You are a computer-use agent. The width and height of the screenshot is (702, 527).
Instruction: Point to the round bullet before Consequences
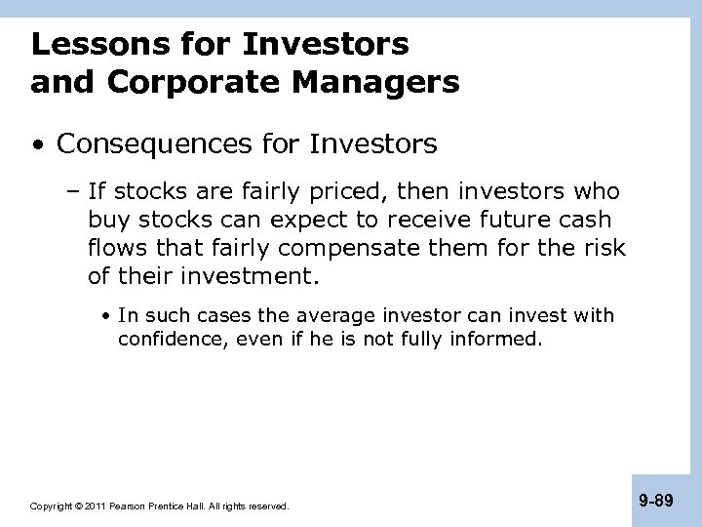37,146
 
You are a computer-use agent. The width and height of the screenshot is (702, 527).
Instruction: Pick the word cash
587,221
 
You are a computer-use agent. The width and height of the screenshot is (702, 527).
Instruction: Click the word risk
604,248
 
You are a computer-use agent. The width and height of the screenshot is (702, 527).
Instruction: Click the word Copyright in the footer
51,507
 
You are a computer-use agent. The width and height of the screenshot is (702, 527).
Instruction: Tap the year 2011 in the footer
96,507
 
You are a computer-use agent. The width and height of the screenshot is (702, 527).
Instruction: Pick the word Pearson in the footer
131,507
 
